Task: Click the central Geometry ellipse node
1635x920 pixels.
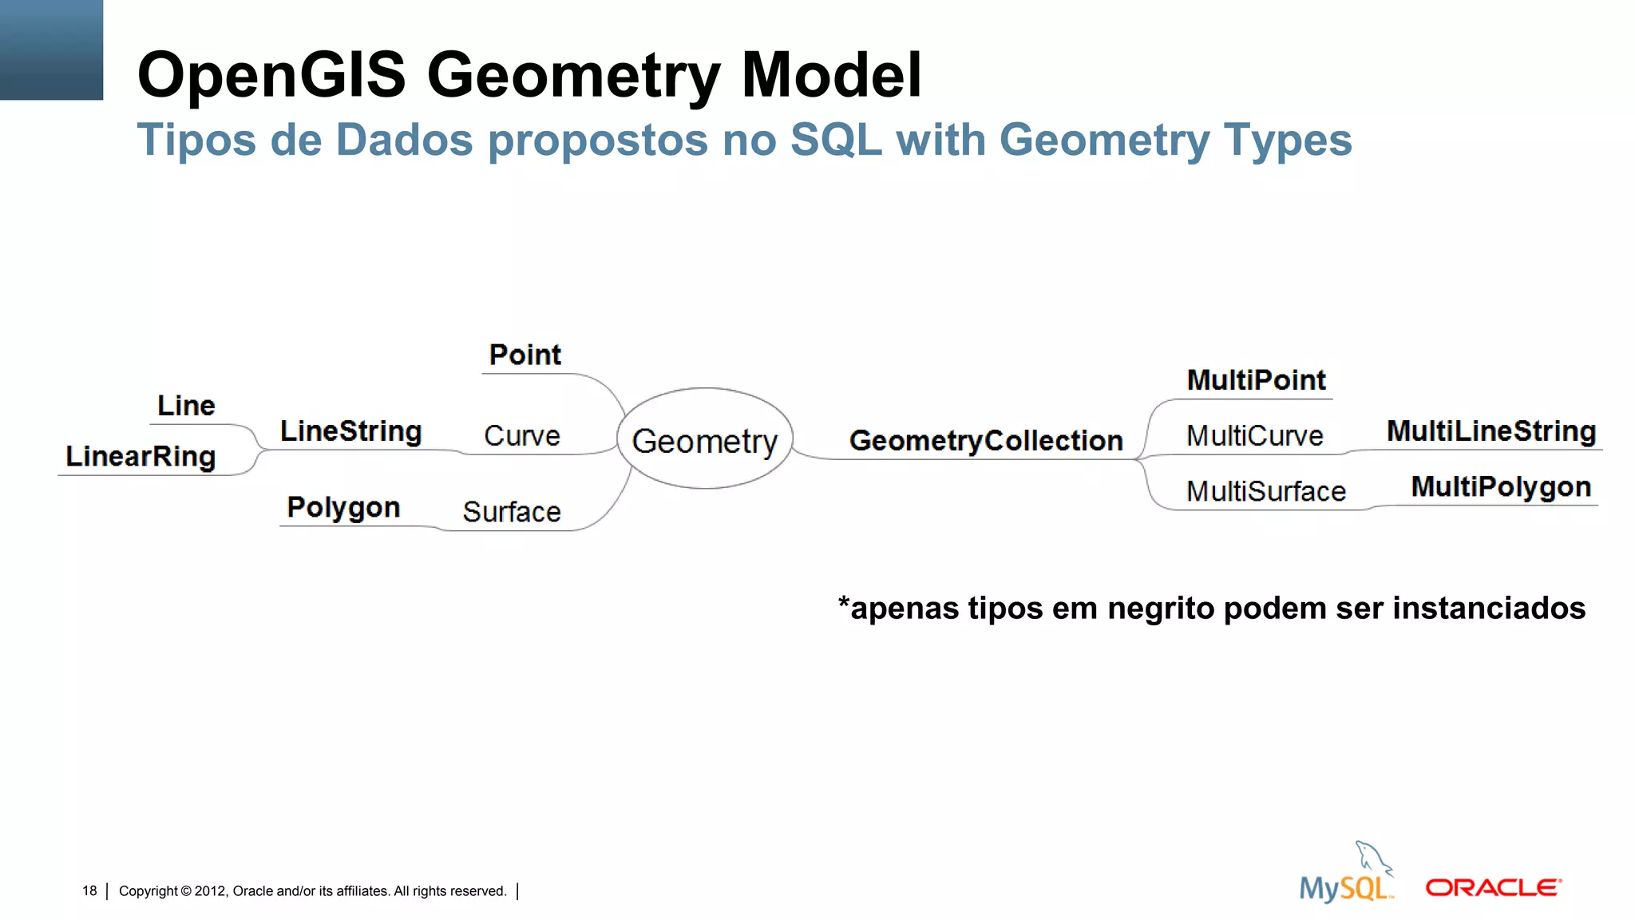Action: coord(704,440)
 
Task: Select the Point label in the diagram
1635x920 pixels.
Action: coord(525,355)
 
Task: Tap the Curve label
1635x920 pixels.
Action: coord(522,436)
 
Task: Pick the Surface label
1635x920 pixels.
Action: coord(512,512)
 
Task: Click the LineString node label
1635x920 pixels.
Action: coord(350,431)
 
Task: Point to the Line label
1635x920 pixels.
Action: coord(186,406)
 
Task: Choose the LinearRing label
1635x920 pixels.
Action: coord(141,457)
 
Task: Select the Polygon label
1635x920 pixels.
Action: coord(343,508)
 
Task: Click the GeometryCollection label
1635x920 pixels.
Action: coord(986,441)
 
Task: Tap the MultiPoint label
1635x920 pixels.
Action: coord(1256,380)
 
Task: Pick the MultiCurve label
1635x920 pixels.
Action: coord(1254,436)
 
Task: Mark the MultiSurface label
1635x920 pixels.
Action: coord(1266,491)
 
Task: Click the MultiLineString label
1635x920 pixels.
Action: coord(1491,431)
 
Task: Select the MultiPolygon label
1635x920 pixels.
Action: coord(1501,487)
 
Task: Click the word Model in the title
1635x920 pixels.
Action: coord(832,75)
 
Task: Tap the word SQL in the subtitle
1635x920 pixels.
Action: coord(836,140)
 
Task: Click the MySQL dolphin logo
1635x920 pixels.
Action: coord(1347,874)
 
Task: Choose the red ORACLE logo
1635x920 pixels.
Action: coord(1493,888)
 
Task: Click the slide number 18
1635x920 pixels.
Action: coord(89,890)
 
